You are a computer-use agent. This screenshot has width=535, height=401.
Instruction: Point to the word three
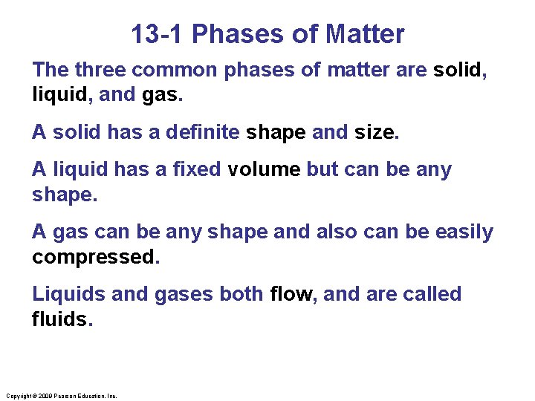[100, 71]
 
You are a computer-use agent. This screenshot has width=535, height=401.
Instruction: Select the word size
[376, 133]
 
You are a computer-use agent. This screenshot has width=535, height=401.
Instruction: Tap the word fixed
[196, 170]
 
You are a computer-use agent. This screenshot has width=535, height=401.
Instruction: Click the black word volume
[265, 170]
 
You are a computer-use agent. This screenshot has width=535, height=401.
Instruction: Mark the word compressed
[95, 258]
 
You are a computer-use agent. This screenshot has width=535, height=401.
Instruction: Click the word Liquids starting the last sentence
[69, 294]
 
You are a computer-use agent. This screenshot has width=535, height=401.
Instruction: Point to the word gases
[184, 295]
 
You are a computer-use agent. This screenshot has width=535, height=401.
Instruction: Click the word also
[336, 232]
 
